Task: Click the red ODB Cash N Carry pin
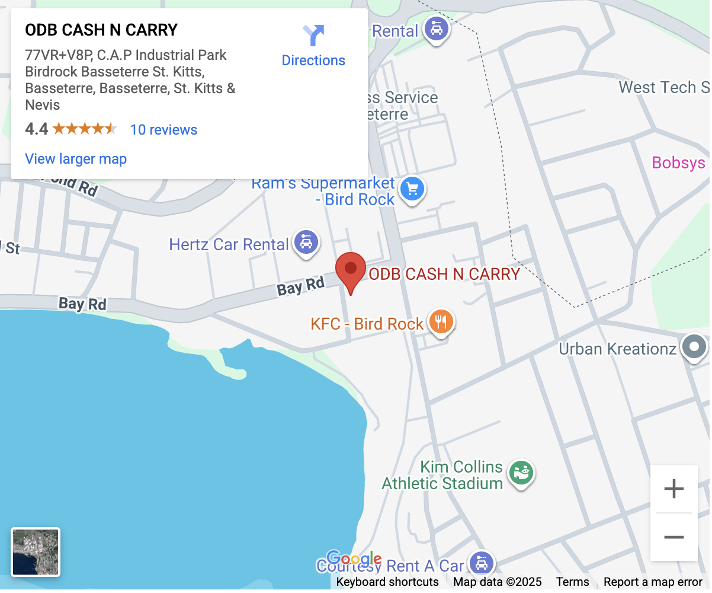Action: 351,270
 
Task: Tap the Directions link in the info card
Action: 313,60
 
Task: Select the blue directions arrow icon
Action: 313,36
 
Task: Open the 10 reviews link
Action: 163,130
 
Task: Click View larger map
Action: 76,159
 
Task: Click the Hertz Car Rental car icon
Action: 306,243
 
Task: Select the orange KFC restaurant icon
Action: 440,321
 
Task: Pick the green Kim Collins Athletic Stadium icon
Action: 521,473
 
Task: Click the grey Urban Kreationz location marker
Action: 694,346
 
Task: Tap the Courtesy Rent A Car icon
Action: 481,563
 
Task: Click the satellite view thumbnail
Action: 36,552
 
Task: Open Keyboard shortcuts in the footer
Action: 387,582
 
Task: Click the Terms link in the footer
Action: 572,582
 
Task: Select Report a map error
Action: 653,582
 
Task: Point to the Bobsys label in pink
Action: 678,162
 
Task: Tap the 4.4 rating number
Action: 36,129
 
